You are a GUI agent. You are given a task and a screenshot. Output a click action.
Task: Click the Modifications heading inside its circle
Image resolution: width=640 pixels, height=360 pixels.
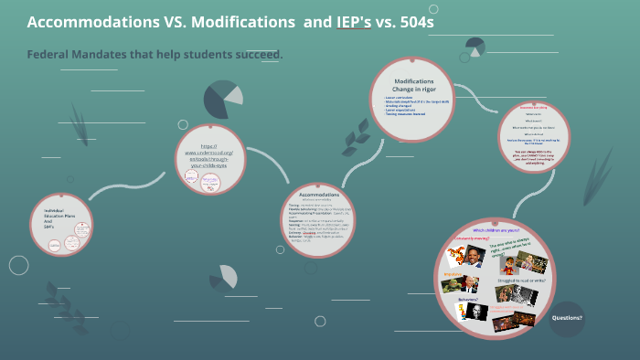[x=413, y=80]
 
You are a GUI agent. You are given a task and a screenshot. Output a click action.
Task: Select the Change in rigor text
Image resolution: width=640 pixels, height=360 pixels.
[x=412, y=89]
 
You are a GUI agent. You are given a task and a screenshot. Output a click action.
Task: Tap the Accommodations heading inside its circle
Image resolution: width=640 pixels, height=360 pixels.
[x=318, y=195]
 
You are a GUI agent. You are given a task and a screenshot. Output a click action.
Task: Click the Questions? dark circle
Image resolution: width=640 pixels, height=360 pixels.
[x=567, y=318]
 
